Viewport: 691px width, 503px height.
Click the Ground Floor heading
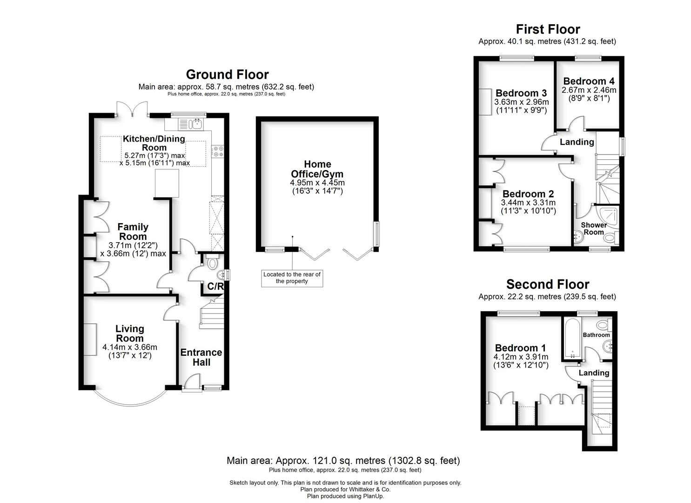pos(227,75)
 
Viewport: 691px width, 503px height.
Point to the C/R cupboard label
pos(215,286)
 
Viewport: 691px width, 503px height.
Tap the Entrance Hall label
pos(201,357)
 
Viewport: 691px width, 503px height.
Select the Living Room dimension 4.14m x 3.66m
pos(130,347)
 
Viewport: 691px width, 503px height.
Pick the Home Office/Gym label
pos(317,169)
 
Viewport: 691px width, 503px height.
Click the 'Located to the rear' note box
pos(292,278)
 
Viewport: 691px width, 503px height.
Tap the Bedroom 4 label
pos(589,81)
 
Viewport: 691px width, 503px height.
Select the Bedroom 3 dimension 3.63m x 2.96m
pos(521,102)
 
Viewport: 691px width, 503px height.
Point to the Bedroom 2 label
pos(528,194)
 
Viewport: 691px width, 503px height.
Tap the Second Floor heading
pos(548,284)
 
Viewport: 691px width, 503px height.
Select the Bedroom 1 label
pos(520,348)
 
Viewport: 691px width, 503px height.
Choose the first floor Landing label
pos(577,142)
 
